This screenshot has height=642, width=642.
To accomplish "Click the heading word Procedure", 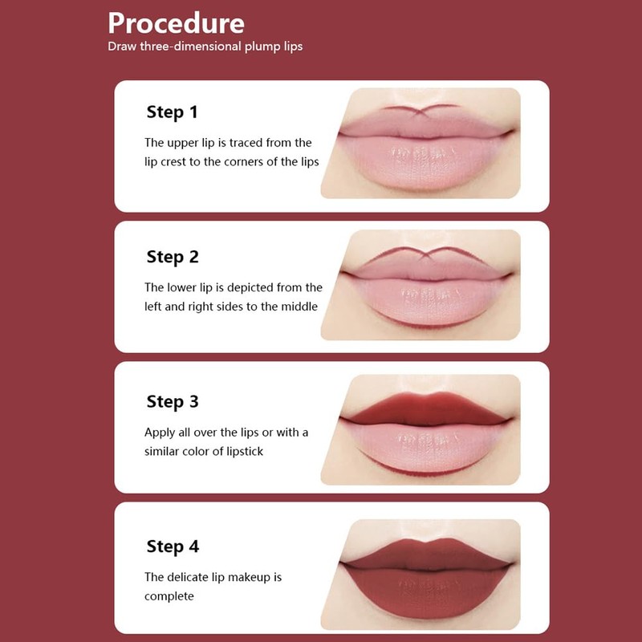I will point(176,22).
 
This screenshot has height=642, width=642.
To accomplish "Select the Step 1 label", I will point(172,112).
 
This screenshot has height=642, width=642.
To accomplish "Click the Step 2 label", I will point(172,257).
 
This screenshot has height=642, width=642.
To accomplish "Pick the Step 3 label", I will point(172,401).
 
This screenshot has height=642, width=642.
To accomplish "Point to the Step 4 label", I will point(172,547).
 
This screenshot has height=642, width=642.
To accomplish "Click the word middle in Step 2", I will point(299,306).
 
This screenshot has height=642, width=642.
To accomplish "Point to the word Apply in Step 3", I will point(159,433).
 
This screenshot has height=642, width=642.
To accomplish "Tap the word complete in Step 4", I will point(169,596).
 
